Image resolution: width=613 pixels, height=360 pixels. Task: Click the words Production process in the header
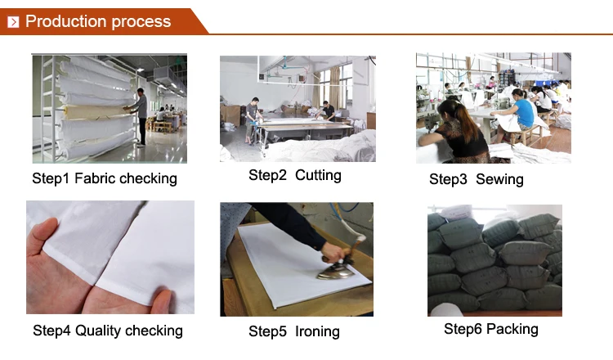click(x=98, y=21)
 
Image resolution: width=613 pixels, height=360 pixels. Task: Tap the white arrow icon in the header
click(x=13, y=22)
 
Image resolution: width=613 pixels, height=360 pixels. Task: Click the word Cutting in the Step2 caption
click(x=318, y=175)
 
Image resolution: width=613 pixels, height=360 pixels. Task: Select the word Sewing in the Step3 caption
click(x=499, y=179)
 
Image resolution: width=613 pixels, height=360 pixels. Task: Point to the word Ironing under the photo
click(x=317, y=331)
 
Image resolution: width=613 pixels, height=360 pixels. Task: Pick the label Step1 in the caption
click(x=51, y=178)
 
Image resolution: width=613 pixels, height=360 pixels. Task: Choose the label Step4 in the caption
click(x=51, y=331)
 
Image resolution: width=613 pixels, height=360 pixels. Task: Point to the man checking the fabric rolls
click(x=139, y=117)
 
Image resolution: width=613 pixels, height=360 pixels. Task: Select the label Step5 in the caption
click(x=268, y=331)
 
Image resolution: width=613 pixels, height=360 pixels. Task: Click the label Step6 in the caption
click(x=463, y=329)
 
